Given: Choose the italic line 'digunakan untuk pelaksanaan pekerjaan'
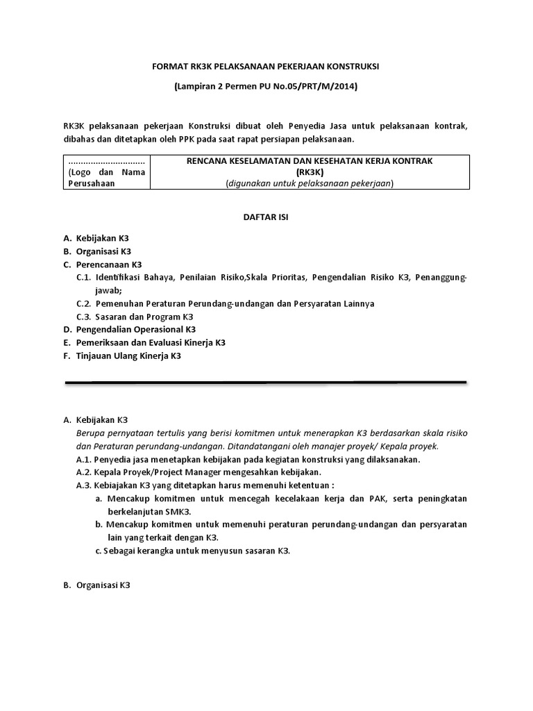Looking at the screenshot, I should tap(309, 183).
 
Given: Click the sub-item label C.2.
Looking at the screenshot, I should tap(84, 304).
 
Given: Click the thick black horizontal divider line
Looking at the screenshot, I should tap(265, 383).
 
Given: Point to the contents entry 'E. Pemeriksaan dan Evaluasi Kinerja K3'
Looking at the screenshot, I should tap(144, 343).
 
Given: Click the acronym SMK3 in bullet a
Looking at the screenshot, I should tap(197, 512).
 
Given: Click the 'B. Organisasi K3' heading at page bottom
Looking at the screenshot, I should tap(96, 585).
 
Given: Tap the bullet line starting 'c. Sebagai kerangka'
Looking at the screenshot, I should tap(193, 551).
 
